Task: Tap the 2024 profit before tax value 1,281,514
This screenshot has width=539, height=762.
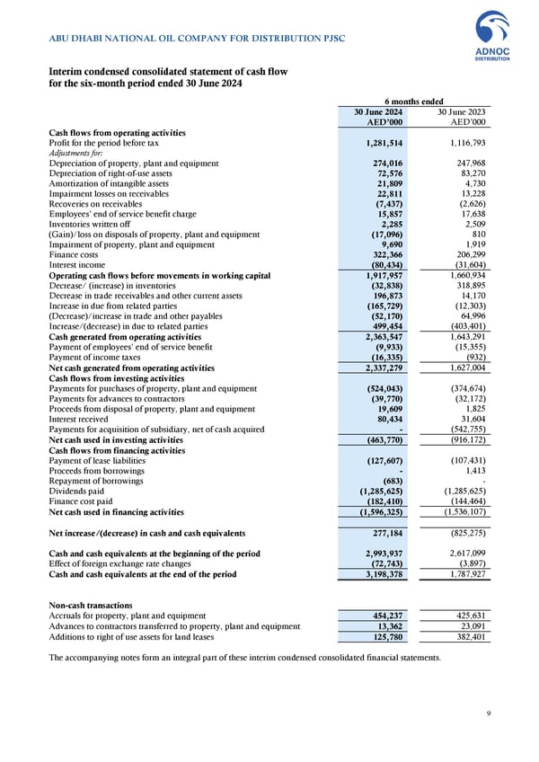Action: pyautogui.click(x=384, y=142)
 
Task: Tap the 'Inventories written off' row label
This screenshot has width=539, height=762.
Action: pyautogui.click(x=91, y=225)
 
